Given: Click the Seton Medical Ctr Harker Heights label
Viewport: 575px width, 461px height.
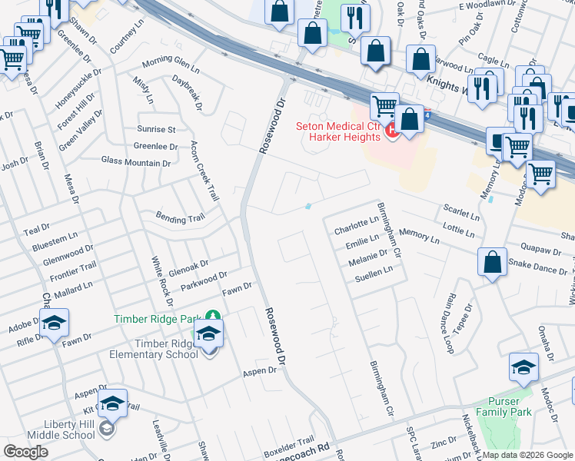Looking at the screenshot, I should pos(339,131).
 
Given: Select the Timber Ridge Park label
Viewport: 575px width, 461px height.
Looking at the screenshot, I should pos(157,319).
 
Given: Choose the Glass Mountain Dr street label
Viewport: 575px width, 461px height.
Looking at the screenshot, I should pos(136,163).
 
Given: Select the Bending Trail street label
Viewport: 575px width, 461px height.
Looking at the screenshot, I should pos(181,219).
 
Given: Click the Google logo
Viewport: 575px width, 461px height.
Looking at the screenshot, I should pos(26,452).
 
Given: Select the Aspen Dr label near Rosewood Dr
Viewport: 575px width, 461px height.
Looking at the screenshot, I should pos(259,370).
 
